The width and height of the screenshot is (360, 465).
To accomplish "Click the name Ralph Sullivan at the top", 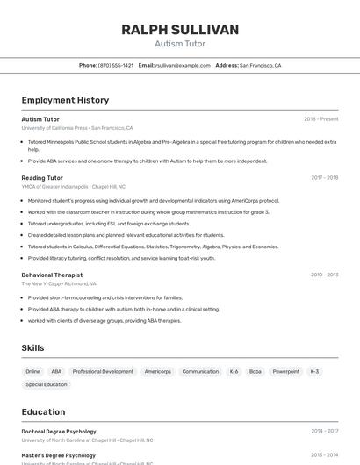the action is pos(180,30).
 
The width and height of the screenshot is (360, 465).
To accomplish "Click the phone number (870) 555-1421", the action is pos(116,65).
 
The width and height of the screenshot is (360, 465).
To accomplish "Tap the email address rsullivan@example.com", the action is pos(183,65).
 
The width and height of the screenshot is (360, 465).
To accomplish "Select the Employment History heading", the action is pos(65,100).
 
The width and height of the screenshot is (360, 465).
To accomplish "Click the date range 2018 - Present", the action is pos(320,118).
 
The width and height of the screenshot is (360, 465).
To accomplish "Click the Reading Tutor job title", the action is pos(42,177).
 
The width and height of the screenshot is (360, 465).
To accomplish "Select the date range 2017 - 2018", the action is pos(324,177).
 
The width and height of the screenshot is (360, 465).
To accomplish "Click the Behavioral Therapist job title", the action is pos(57,275).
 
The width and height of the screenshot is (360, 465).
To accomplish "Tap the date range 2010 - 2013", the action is pos(324,275).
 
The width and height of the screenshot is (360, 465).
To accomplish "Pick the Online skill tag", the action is pos(33,371).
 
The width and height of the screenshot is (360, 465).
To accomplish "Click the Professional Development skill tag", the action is pos(103,371).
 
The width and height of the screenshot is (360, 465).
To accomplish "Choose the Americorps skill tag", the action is pos(158,371).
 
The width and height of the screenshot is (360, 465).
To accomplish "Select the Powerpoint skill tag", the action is pos(285,371).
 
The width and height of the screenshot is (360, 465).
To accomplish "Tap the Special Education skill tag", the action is pos(47,384).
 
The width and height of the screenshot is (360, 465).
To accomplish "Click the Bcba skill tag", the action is pos(256,371).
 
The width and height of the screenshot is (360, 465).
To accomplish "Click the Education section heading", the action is pos(43,411).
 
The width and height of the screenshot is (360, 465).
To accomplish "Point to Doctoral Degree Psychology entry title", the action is pos(59,431).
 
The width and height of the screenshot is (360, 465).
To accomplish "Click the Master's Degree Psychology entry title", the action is pos(58,455).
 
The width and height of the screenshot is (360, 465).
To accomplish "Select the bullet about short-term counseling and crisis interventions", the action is pos(105,297).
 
